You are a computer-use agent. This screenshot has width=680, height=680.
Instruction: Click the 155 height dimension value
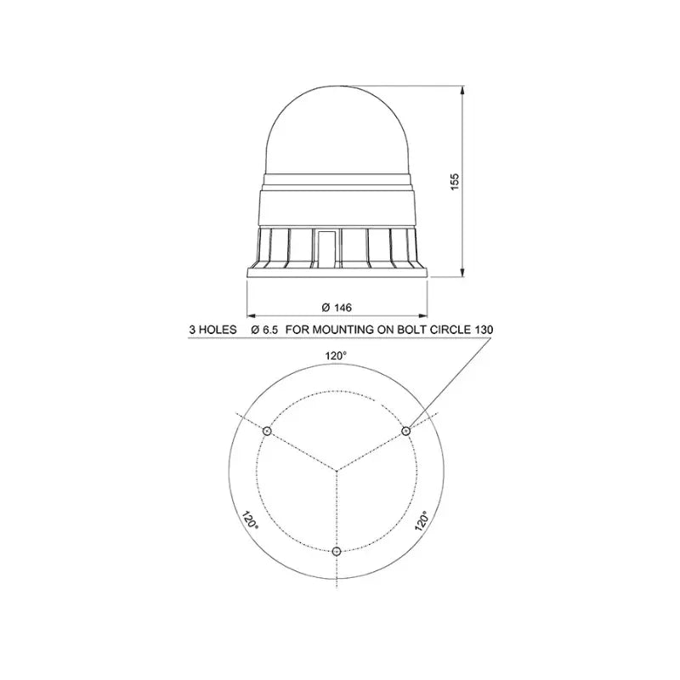click(x=454, y=183)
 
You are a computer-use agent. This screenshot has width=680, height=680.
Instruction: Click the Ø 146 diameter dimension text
click(x=337, y=308)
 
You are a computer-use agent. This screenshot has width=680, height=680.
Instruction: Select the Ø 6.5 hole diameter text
click(x=264, y=330)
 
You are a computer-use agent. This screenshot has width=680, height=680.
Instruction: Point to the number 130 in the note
click(x=484, y=330)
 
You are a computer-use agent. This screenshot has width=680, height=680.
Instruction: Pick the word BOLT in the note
click(x=412, y=330)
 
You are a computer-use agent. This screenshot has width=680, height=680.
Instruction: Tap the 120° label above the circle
click(x=336, y=356)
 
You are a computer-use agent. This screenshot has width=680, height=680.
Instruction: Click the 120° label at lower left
click(x=250, y=519)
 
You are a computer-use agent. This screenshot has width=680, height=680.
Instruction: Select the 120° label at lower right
click(x=422, y=520)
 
